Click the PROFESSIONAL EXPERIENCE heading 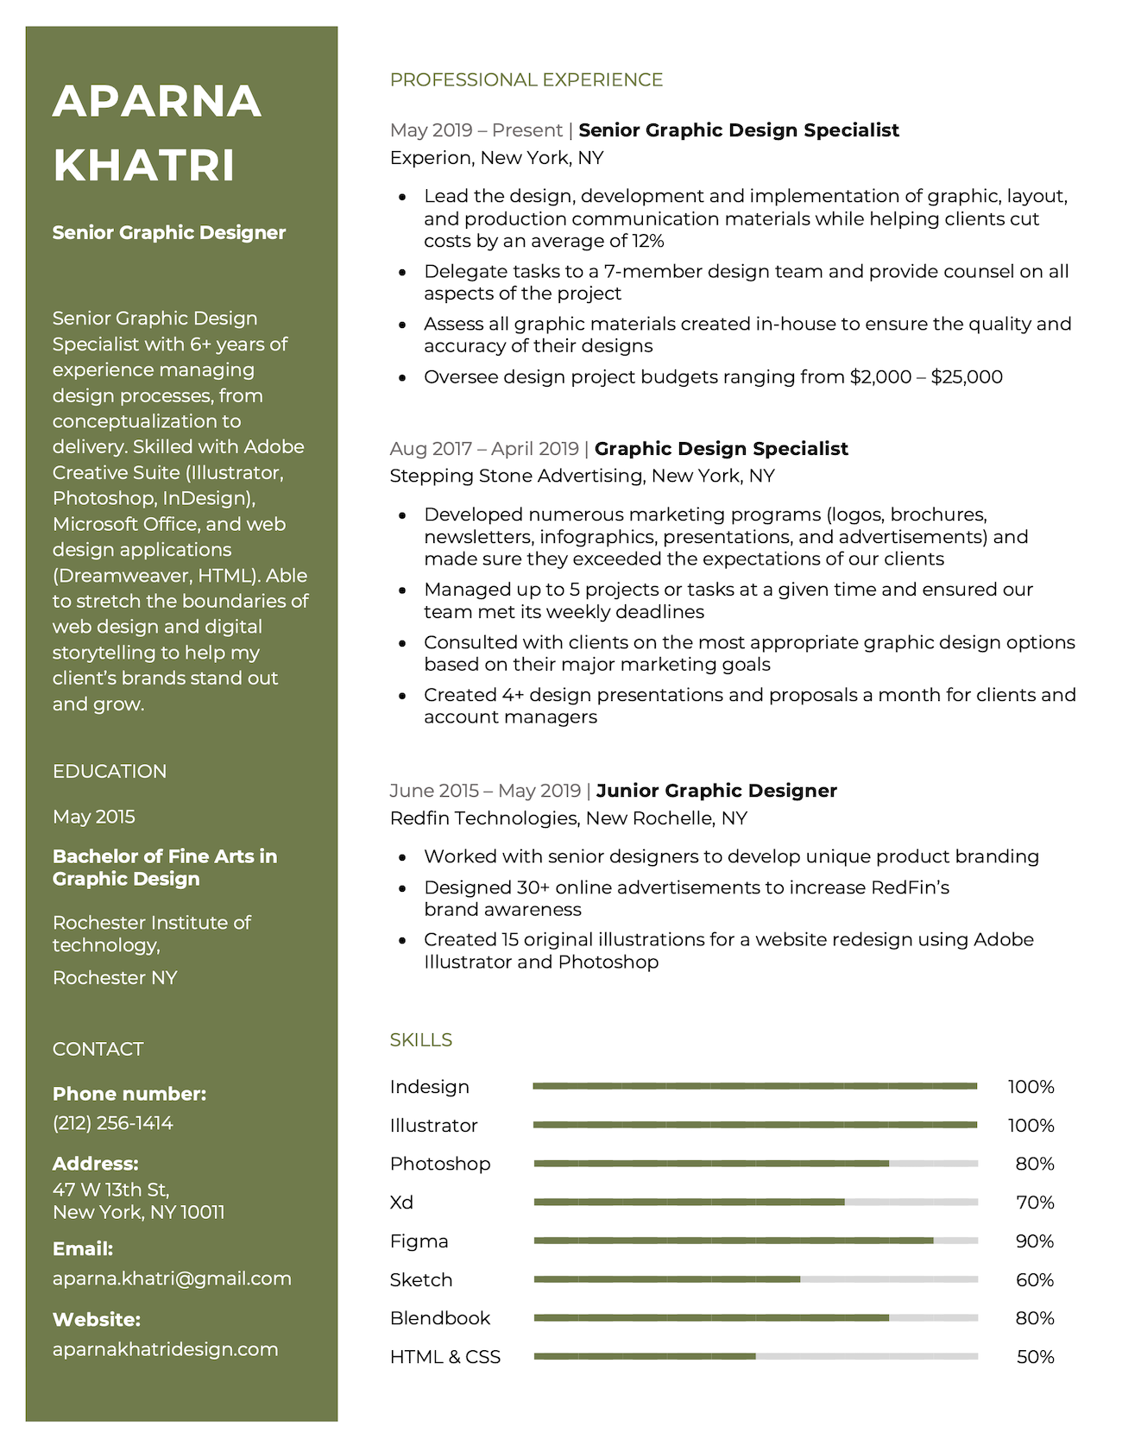pos(526,80)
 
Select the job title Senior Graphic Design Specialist pos(739,130)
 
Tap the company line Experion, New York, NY pos(496,158)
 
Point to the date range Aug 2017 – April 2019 pos(484,449)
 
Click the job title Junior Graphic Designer pos(716,791)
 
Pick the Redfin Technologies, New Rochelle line pos(568,818)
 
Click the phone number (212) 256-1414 pos(113,1123)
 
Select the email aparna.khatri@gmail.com pos(172,1278)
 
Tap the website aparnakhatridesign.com pos(166,1349)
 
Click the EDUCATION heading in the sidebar pos(110,772)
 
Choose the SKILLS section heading pos(421,1040)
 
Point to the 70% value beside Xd pos(1035,1203)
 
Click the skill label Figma pos(419,1241)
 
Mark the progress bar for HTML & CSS pos(756,1356)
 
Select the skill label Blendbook pos(440,1318)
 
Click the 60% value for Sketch pos(1035,1280)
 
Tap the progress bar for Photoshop pos(756,1164)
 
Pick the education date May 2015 pos(94,817)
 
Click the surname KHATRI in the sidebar pos(144,165)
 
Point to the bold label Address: pos(96,1164)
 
